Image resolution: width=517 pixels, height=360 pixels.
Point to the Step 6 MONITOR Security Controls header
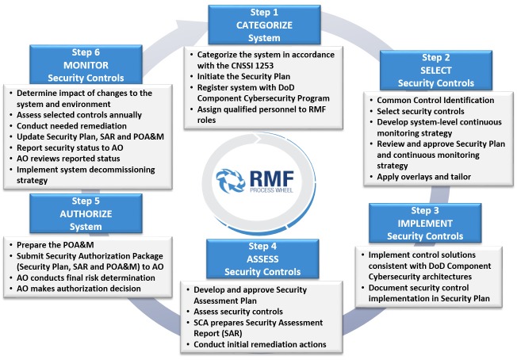point(85,64)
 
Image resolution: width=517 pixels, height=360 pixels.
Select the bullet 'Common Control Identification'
point(435,101)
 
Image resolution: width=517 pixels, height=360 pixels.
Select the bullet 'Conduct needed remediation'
point(71,125)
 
